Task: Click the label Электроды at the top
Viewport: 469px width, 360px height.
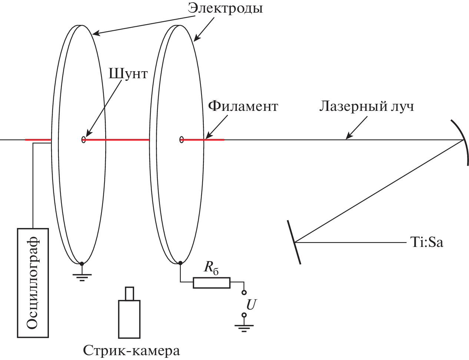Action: tap(225, 8)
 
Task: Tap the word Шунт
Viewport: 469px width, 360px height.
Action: tap(128, 73)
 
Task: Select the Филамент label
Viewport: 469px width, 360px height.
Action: tap(243, 106)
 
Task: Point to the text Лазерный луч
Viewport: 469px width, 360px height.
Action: tap(366, 106)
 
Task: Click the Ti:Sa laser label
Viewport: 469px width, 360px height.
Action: tap(426, 242)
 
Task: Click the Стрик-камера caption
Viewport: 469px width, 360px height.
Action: tap(132, 350)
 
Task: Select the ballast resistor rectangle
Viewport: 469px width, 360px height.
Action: tap(212, 283)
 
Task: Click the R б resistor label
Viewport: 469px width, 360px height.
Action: tap(211, 268)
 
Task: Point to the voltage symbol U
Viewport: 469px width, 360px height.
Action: tap(251, 305)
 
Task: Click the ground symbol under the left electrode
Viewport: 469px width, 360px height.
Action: tap(82, 276)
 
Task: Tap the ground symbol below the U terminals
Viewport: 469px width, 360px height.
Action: tap(244, 327)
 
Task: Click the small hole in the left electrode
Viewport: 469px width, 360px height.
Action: tap(83, 139)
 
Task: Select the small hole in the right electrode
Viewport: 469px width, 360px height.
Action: tap(182, 139)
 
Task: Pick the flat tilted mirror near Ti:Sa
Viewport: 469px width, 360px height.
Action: tap(294, 242)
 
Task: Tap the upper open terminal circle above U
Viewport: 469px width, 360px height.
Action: tap(244, 293)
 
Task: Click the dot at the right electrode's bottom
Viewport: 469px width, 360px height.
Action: tap(180, 263)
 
